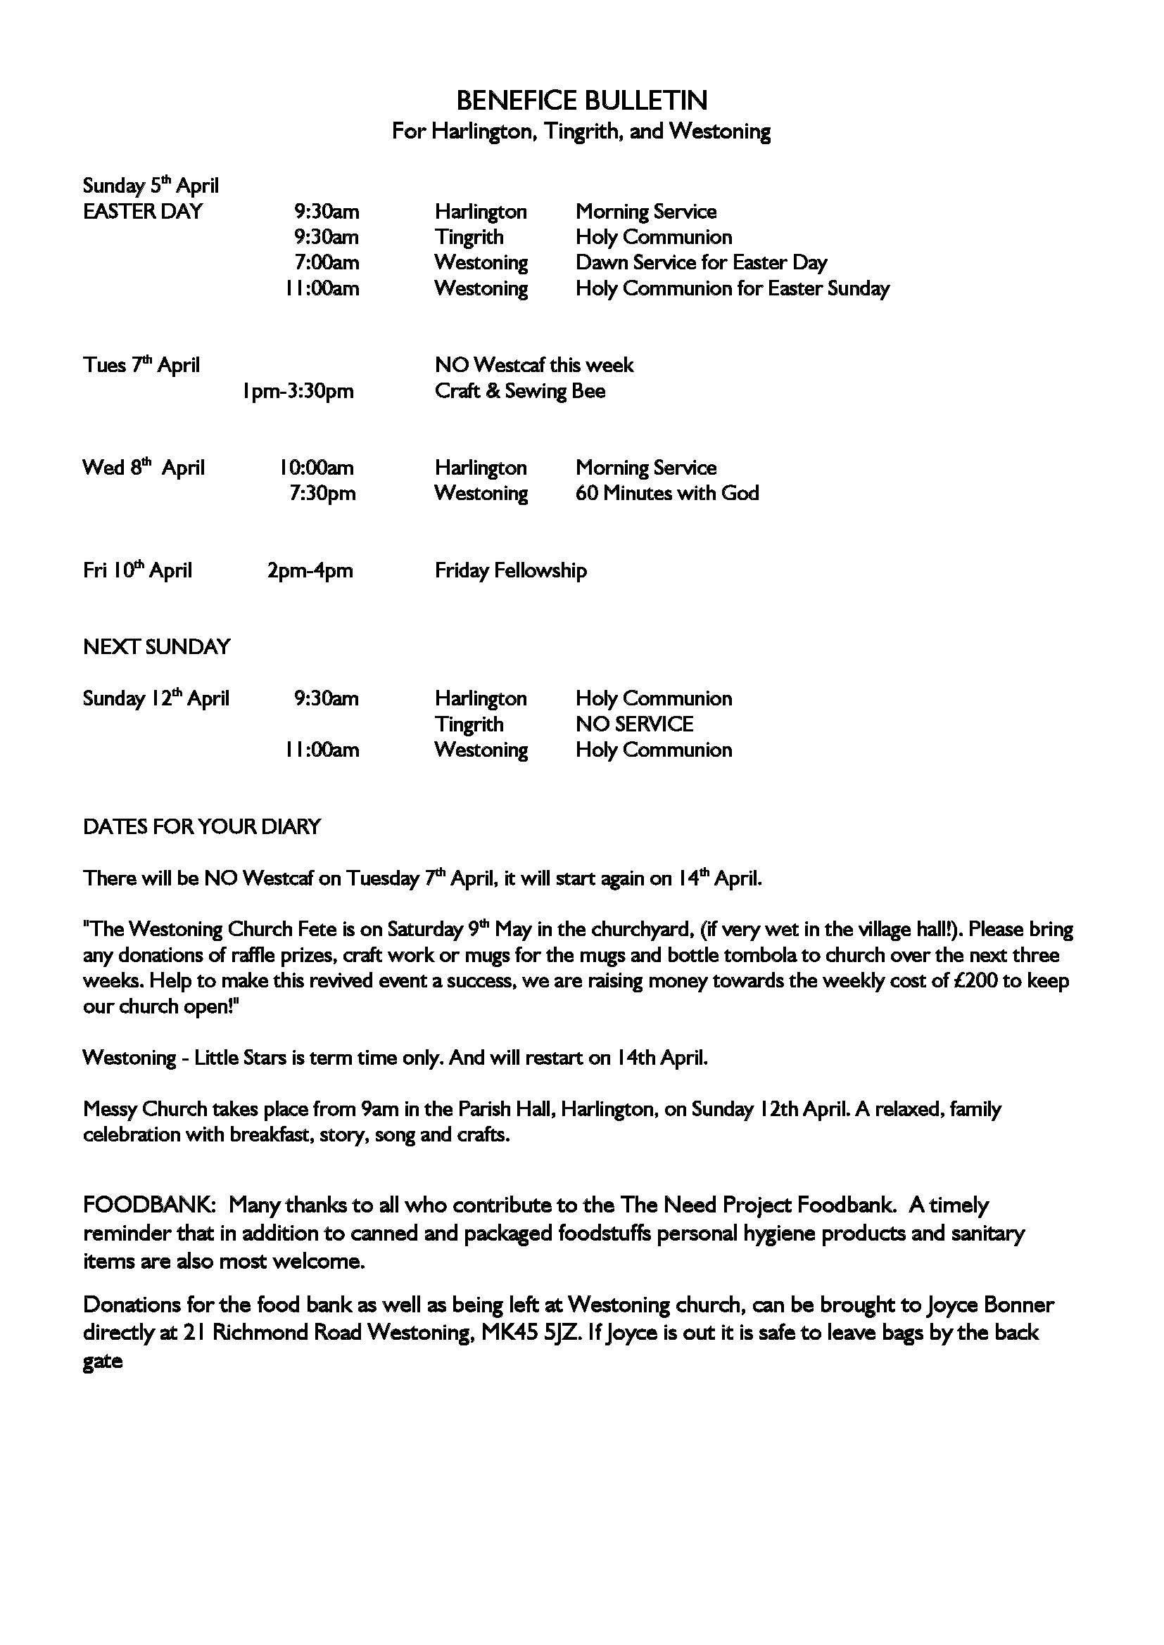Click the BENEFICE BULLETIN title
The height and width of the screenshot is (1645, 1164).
pyautogui.click(x=581, y=101)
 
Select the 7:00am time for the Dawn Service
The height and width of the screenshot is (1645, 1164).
pyautogui.click(x=326, y=262)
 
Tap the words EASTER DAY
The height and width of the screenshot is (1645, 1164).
pyautogui.click(x=143, y=212)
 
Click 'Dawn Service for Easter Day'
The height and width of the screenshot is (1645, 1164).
pyautogui.click(x=701, y=262)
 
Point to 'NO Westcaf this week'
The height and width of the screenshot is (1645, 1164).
pyautogui.click(x=534, y=365)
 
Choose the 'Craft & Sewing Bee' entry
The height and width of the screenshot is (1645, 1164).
pyautogui.click(x=519, y=390)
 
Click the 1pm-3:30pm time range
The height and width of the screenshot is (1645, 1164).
pyautogui.click(x=298, y=391)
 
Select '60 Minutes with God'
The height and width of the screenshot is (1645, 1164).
pyautogui.click(x=666, y=493)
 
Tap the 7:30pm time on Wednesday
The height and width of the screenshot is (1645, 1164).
pyautogui.click(x=322, y=493)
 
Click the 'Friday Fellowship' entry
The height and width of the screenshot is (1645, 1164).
pyautogui.click(x=510, y=570)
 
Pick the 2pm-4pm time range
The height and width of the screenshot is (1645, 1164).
pyautogui.click(x=310, y=570)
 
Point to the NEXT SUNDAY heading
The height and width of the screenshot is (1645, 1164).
pyautogui.click(x=156, y=646)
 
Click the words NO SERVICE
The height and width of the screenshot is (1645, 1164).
pyautogui.click(x=633, y=724)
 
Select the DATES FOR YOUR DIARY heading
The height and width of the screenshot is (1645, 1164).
pyautogui.click(x=201, y=826)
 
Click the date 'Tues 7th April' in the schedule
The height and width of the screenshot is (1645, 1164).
pyautogui.click(x=141, y=365)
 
